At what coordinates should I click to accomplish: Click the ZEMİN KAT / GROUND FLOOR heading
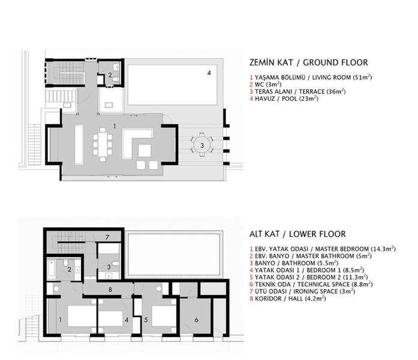click(x=309, y=62)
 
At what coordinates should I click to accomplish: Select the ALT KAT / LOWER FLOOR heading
click(x=297, y=234)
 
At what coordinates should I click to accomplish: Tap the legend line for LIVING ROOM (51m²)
click(x=311, y=77)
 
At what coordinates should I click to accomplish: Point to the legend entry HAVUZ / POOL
click(x=284, y=98)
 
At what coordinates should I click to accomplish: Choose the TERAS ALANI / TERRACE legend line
click(x=297, y=91)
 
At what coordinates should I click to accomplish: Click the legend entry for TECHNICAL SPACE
click(x=311, y=284)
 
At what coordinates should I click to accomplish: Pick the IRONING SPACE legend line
click(x=302, y=291)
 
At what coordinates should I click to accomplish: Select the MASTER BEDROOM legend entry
click(x=323, y=249)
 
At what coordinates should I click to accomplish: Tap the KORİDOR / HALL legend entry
click(x=288, y=298)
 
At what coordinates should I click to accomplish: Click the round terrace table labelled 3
click(x=202, y=145)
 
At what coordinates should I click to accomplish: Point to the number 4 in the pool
click(x=209, y=73)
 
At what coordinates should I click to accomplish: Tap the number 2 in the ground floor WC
click(x=110, y=75)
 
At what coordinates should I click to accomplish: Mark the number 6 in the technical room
click(x=197, y=320)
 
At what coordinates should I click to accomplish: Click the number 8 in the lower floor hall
click(x=110, y=289)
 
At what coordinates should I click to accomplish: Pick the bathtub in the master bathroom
click(x=52, y=269)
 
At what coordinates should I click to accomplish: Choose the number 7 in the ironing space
click(x=107, y=237)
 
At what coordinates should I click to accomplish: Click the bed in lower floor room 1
click(x=82, y=316)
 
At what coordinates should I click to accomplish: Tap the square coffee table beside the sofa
click(x=145, y=151)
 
